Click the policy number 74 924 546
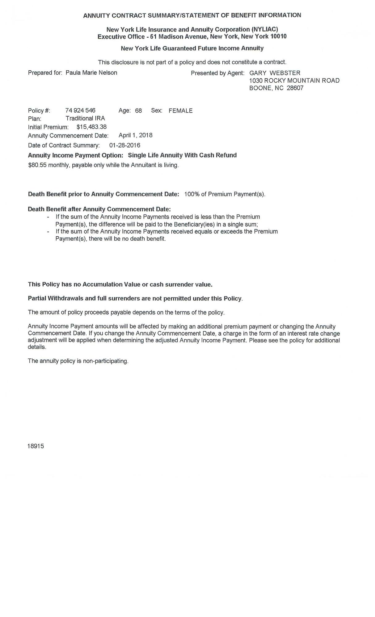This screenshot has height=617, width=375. [80, 110]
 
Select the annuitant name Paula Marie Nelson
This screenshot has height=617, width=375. [91, 73]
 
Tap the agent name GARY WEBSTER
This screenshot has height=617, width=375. [275, 73]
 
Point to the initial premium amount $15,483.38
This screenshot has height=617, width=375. [91, 127]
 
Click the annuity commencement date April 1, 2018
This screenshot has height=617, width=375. [135, 135]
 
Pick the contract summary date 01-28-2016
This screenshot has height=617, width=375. [124, 145]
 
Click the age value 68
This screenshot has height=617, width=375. [138, 111]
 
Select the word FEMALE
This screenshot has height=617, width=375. [180, 111]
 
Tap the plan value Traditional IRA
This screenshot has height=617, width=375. [85, 118]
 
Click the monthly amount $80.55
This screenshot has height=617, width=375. [37, 165]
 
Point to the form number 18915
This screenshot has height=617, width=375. [36, 446]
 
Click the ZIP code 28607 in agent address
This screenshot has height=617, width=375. [295, 88]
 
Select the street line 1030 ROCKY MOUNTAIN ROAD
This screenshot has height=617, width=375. [294, 81]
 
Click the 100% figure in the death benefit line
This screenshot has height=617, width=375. [192, 194]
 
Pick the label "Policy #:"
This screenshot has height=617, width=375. [39, 111]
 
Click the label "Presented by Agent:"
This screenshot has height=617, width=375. [217, 73]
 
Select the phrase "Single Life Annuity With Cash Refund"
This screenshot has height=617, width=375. [182, 155]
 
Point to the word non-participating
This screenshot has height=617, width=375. [105, 361]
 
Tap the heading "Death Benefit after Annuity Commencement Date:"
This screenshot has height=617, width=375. [99, 209]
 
